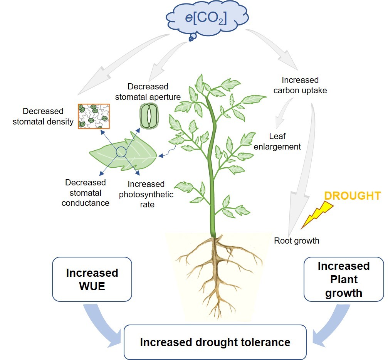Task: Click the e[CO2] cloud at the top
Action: pos(207,19)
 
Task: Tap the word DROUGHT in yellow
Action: pos(352,195)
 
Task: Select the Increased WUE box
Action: pos(92,279)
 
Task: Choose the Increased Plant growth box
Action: pos(343,279)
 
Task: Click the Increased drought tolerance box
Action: pos(215,342)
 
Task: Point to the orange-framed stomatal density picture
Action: pos(94,116)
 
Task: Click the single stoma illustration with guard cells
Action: pos(148,116)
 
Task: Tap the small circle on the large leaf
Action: pos(121,152)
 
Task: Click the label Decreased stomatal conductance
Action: pos(85,192)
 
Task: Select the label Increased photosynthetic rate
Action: pos(146,194)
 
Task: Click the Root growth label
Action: pos(296,241)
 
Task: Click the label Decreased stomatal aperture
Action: pos(148,91)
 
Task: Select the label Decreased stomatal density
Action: pos(43,116)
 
